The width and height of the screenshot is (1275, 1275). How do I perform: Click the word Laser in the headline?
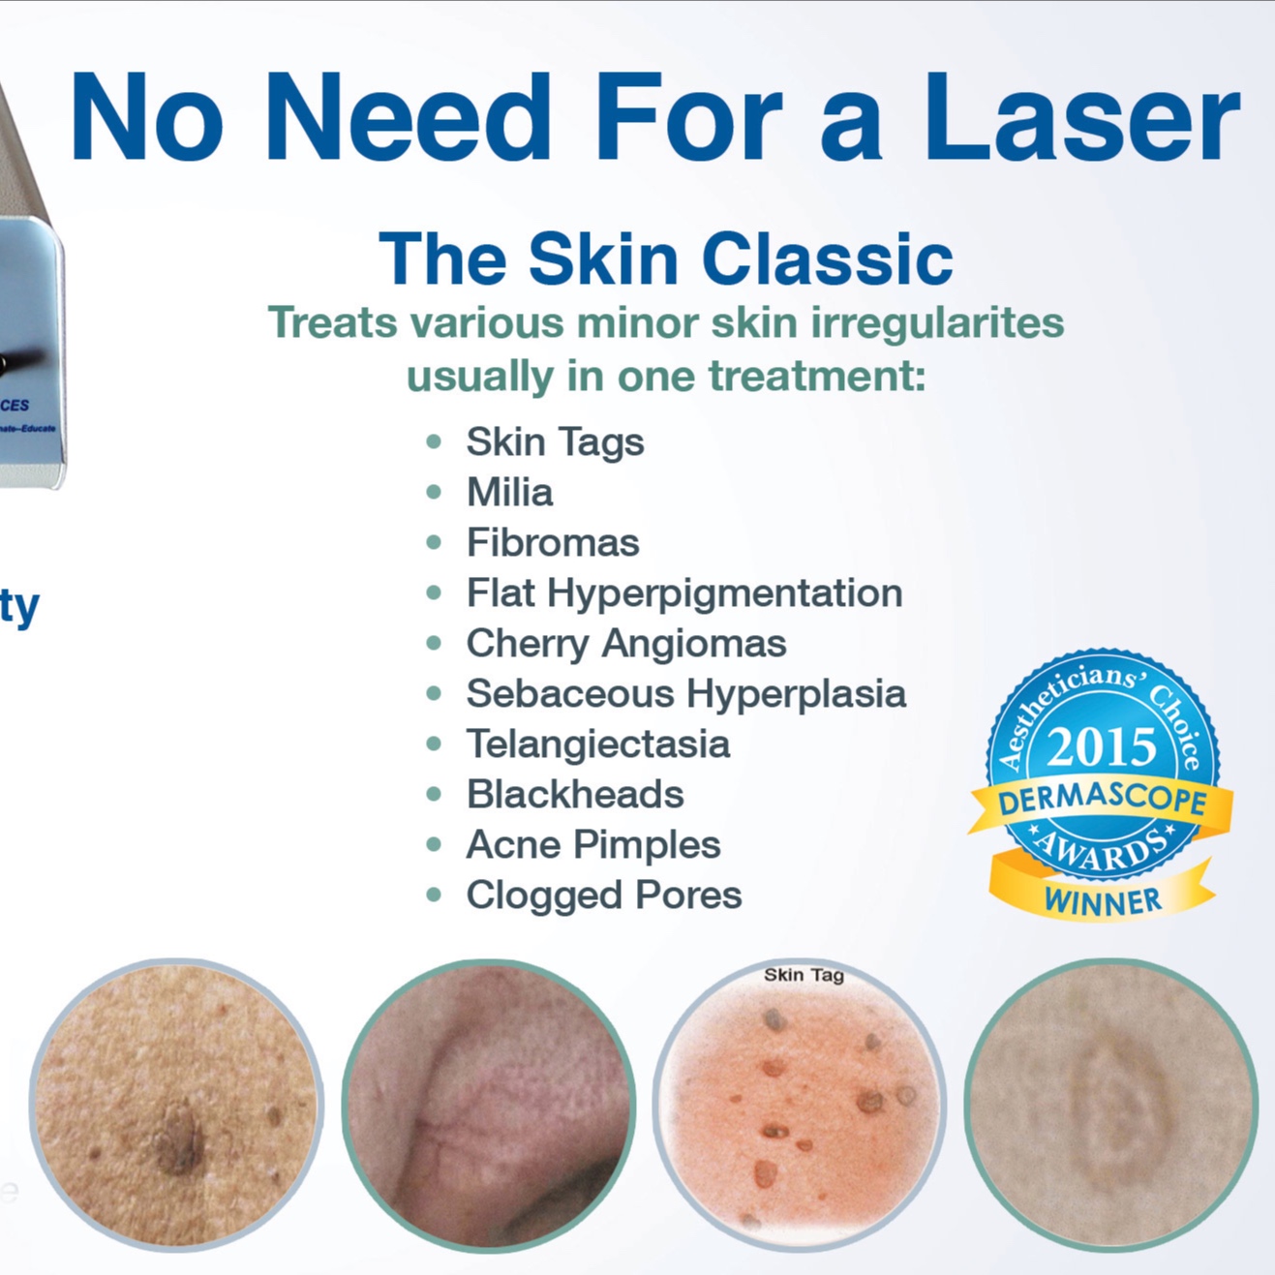1081,117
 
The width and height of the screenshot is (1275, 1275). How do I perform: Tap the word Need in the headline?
408,117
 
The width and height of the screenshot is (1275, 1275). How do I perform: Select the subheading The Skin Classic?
666,259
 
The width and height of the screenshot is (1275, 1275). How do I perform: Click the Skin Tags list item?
555,442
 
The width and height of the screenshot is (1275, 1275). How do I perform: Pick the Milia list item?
509,493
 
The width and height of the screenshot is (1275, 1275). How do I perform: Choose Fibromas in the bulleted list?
553,543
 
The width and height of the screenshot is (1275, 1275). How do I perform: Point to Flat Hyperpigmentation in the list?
683,593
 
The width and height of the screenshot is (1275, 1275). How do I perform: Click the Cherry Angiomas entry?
625,644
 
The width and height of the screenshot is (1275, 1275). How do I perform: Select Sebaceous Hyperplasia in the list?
685,694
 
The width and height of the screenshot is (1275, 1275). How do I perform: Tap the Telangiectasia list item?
597,744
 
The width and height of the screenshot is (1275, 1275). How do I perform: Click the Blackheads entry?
575,795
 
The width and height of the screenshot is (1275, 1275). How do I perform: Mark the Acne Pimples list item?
592,845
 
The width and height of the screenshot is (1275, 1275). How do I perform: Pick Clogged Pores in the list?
603,896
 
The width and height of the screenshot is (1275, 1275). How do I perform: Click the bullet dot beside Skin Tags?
434,442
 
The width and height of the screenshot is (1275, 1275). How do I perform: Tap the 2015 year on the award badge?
1102,747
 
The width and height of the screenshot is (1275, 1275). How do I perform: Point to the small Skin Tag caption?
804,975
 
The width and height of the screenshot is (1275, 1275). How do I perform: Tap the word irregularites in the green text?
937,323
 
